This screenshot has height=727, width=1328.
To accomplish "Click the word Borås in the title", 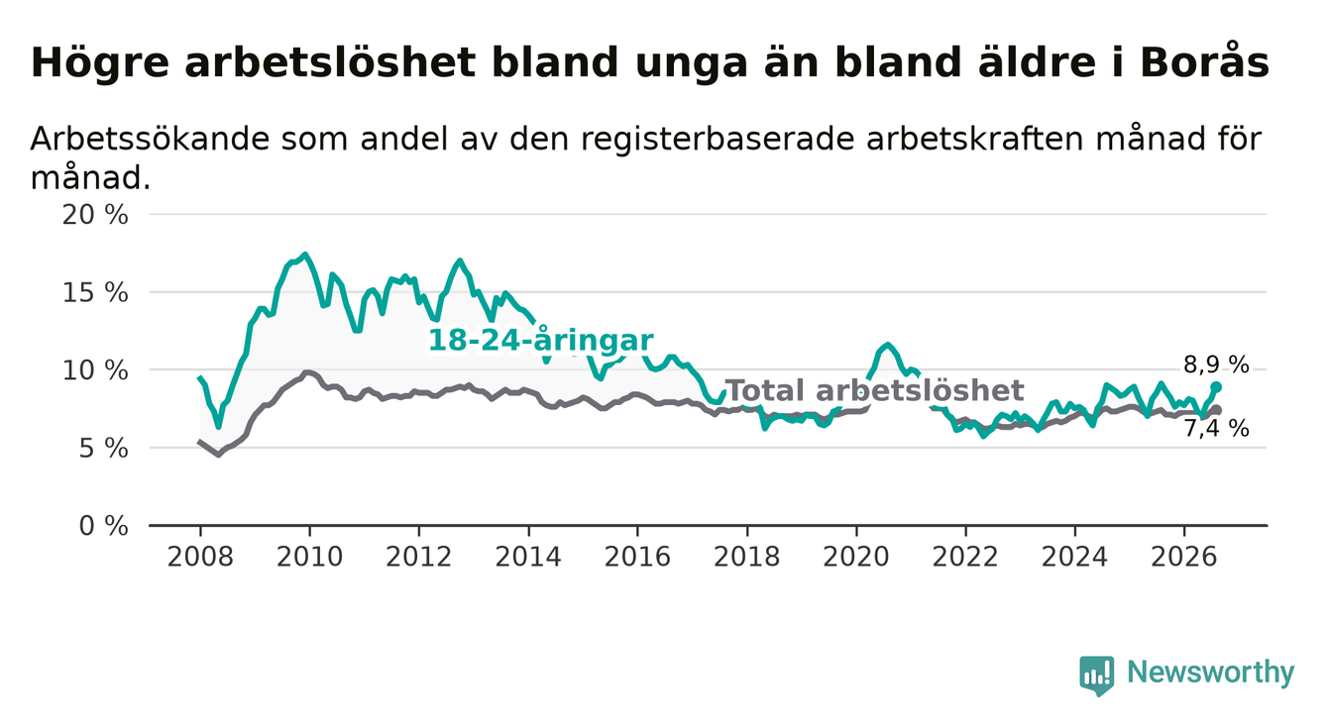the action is (x=1204, y=61).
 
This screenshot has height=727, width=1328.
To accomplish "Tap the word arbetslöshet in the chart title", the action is (x=330, y=61).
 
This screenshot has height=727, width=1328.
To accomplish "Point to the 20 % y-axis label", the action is (x=95, y=215).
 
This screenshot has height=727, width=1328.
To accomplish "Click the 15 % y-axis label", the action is (x=95, y=293).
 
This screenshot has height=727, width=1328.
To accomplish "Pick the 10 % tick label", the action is (x=95, y=370).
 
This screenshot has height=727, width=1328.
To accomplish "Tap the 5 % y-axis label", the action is (x=103, y=449).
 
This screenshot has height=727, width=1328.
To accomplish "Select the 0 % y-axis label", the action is (x=103, y=526).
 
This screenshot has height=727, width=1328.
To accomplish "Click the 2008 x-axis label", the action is (x=200, y=557).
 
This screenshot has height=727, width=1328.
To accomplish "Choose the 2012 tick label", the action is (x=418, y=557).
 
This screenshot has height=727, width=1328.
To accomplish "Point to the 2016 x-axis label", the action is (x=637, y=557).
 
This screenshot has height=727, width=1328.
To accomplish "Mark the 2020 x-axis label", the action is (x=856, y=557).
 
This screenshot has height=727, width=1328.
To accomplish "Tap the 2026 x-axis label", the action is (x=1184, y=557).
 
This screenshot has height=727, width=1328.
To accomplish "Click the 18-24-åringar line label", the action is (x=541, y=340).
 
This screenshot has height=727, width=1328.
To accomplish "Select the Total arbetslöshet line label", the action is (x=875, y=390).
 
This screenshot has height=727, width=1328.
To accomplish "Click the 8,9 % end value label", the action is (x=1216, y=364).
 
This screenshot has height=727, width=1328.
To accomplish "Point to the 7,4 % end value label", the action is (x=1216, y=428).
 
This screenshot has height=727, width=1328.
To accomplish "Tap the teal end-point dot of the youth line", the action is (x=1216, y=387).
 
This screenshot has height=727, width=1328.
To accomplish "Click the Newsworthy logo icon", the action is (x=1097, y=675).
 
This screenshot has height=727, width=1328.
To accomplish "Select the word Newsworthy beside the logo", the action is (x=1211, y=673).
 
